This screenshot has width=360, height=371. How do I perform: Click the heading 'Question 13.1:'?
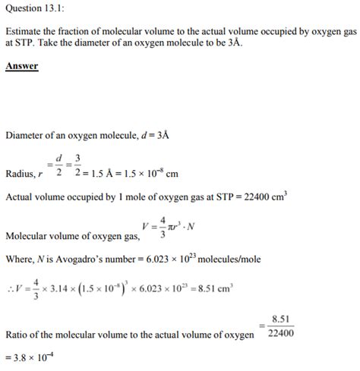pyautogui.click(x=36, y=9)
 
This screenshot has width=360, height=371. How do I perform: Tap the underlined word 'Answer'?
pyautogui.click(x=22, y=67)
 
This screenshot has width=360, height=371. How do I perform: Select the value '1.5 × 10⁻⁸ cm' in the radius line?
pyautogui.click(x=148, y=174)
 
